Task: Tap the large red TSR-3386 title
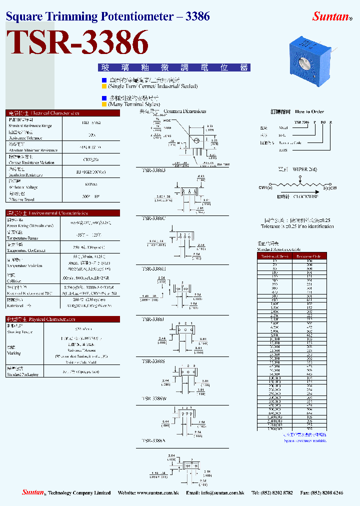78,43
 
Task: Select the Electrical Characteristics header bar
62,113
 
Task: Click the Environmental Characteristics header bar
62,213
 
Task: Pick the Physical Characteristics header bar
62,319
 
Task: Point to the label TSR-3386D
154,170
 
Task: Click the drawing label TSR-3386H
154,268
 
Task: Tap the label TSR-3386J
153,319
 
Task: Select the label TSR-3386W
154,399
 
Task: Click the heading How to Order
309,111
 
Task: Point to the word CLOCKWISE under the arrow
305,197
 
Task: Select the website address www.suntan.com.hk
157,493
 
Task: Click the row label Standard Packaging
22,374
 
